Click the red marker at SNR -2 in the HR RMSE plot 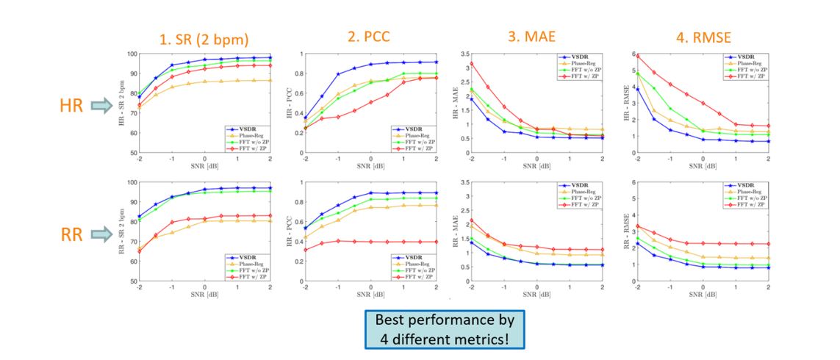pos(638,56)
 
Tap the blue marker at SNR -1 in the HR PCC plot pos(338,74)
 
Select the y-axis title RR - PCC pos(287,231)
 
